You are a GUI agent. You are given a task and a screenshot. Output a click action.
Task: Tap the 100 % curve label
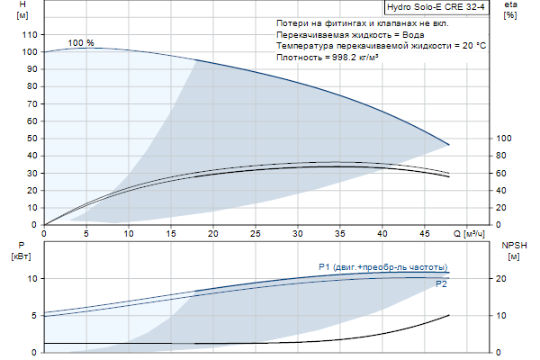pyautogui.click(x=80, y=43)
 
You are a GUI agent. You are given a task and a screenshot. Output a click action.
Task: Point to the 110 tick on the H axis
pyautogui.click(x=30, y=35)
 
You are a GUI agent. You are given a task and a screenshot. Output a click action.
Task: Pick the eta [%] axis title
pyautogui.click(x=510, y=12)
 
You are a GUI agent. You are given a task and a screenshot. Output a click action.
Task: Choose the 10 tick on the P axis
pyautogui.click(x=31, y=279)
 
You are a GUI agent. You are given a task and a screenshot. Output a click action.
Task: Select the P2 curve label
pyautogui.click(x=441, y=284)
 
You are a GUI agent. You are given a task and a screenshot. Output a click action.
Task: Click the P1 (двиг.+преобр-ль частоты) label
pyautogui.click(x=382, y=266)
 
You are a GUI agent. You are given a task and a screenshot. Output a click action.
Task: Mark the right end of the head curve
pyautogui.click(x=448, y=145)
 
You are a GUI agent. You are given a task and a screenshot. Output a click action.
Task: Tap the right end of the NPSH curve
pyautogui.click(x=448, y=315)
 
